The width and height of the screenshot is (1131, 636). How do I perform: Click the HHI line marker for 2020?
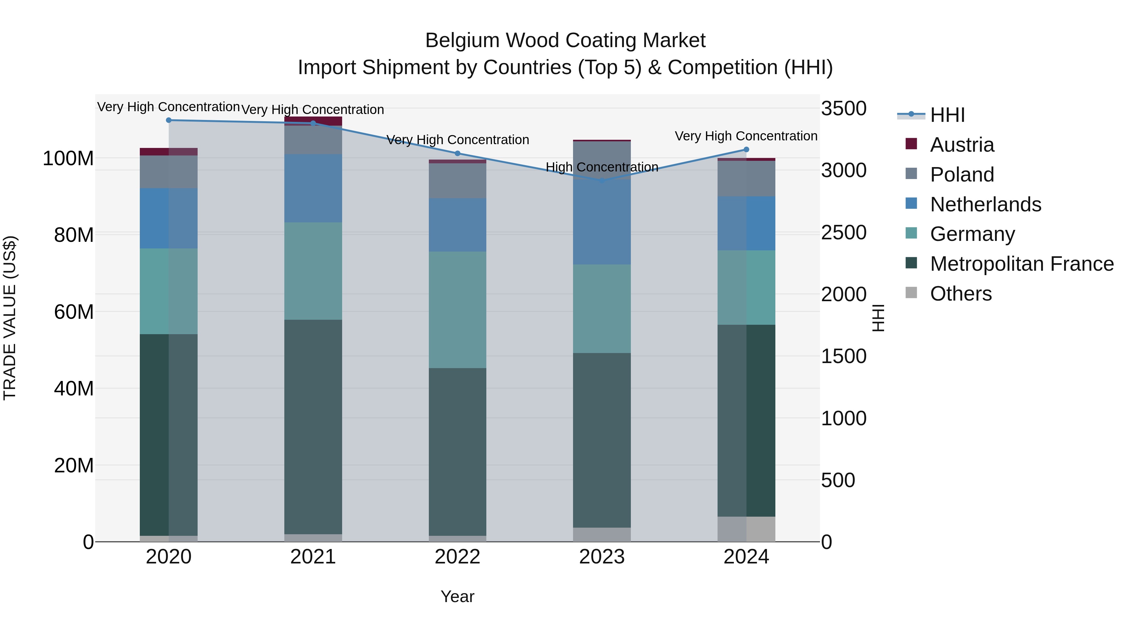(169, 120)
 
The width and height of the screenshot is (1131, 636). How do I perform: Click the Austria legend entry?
(962, 145)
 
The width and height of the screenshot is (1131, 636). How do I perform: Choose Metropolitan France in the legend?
(1021, 264)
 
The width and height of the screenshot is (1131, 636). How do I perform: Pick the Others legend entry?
(961, 294)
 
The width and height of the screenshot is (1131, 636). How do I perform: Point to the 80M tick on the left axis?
(74, 235)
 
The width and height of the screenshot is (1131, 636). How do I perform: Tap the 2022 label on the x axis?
(457, 557)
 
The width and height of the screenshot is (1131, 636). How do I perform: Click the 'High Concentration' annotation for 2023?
(602, 167)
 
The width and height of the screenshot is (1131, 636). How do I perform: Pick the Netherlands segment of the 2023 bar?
(602, 222)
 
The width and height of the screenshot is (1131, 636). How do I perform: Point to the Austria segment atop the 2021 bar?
(313, 120)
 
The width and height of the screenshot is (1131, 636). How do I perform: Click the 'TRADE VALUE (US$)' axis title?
(10, 318)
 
